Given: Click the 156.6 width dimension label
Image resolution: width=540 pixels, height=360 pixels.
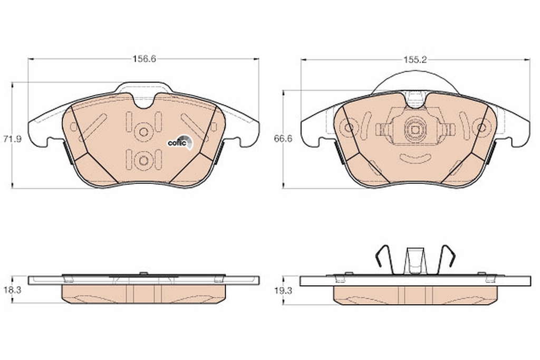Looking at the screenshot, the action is click(x=144, y=59).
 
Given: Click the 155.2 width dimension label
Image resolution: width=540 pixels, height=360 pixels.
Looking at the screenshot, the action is click(x=415, y=60).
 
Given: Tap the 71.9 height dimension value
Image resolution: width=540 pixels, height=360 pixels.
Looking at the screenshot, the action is click(x=13, y=139).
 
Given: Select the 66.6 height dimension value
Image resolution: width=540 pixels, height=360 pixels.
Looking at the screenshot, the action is click(x=283, y=139).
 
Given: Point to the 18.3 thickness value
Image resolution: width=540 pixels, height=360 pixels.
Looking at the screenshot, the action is click(x=13, y=290).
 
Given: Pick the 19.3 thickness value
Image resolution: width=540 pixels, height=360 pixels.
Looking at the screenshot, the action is click(x=283, y=290).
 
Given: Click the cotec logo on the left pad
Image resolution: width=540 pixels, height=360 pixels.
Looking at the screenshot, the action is click(x=180, y=142).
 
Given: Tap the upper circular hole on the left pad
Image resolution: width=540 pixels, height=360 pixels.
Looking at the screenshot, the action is click(x=143, y=132).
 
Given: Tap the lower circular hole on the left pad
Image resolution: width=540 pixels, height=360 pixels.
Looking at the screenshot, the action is click(x=143, y=161).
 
